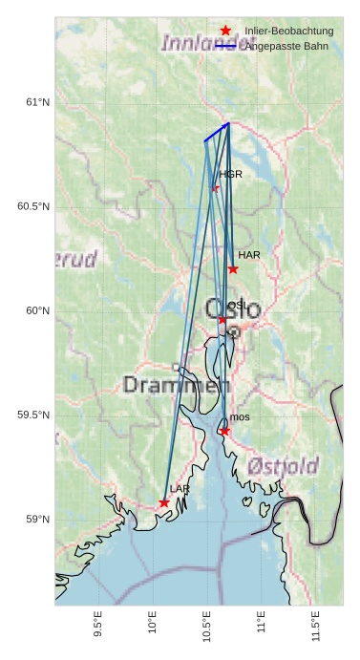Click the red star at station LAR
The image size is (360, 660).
164,502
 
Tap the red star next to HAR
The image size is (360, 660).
233,269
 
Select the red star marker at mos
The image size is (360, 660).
224,432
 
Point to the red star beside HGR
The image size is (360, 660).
215,188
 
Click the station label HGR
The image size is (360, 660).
230,175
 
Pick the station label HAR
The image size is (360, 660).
249,255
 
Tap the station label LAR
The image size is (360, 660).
180,489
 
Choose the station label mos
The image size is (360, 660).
240,417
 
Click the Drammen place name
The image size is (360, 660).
177,386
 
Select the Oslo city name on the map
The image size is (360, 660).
233,309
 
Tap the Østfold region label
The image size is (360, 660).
283,466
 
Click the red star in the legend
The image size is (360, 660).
225,32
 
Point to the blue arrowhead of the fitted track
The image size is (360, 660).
228,124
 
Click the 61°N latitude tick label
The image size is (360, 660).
37,102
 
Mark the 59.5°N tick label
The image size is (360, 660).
33,415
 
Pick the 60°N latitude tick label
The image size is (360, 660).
37,310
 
